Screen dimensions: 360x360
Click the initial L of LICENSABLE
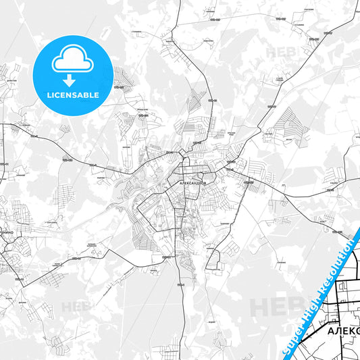49,95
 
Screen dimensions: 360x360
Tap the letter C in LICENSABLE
61,95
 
